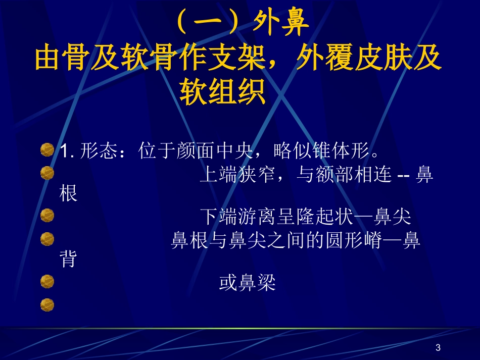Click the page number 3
[x=438, y=347]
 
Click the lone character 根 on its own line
[x=69, y=193]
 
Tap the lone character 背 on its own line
[x=69, y=259]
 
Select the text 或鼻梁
[x=248, y=283]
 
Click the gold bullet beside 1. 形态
[x=47, y=150]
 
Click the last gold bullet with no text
[x=47, y=304]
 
